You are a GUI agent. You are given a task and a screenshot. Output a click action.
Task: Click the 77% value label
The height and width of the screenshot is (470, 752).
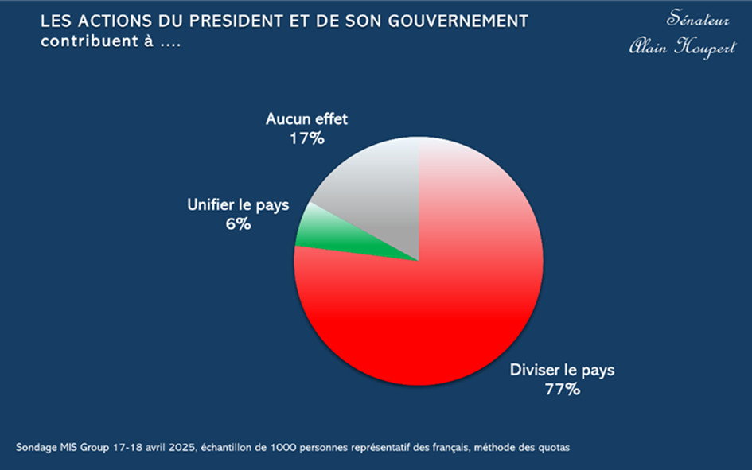click(562, 390)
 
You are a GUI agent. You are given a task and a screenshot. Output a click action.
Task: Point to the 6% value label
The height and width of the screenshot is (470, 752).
click(238, 224)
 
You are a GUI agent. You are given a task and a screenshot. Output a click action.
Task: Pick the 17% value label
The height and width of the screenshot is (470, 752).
click(306, 138)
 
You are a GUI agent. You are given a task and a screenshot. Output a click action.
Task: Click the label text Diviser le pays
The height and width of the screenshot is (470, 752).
click(562, 371)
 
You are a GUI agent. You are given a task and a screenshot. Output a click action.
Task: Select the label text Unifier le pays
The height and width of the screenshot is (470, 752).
click(238, 205)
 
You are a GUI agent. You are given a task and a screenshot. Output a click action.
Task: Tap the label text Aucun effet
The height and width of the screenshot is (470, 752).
click(306, 119)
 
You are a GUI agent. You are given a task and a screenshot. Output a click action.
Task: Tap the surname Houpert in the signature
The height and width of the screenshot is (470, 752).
click(704, 48)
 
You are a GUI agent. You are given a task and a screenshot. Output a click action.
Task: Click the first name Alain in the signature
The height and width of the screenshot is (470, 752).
click(649, 48)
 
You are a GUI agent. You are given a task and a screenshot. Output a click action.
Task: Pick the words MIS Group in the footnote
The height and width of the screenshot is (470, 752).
click(84, 448)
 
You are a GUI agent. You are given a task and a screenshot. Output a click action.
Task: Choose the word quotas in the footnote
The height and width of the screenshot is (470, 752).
click(552, 448)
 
